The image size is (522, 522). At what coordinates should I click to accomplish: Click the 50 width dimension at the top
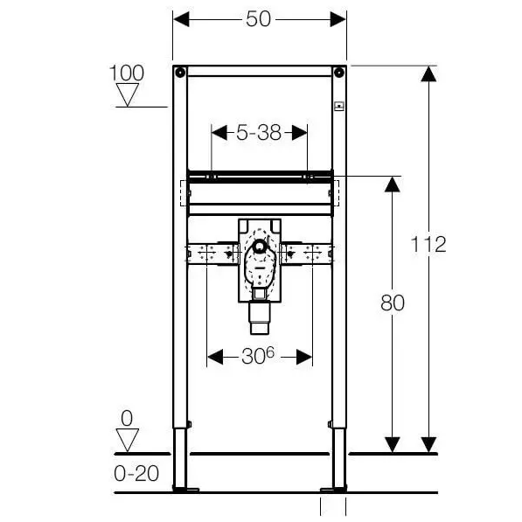[258, 19]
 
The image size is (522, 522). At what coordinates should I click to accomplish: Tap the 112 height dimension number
[428, 244]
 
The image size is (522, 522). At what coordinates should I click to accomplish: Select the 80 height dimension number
[393, 303]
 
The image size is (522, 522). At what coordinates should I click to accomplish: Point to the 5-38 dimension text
[259, 133]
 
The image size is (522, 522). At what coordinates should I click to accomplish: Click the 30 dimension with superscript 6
[258, 356]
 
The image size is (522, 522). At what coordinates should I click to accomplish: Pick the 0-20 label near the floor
[136, 473]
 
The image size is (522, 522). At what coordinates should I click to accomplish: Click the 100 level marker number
[127, 73]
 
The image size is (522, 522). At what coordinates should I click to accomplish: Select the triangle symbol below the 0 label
[128, 440]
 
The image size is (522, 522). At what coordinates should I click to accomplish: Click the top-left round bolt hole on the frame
[180, 73]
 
